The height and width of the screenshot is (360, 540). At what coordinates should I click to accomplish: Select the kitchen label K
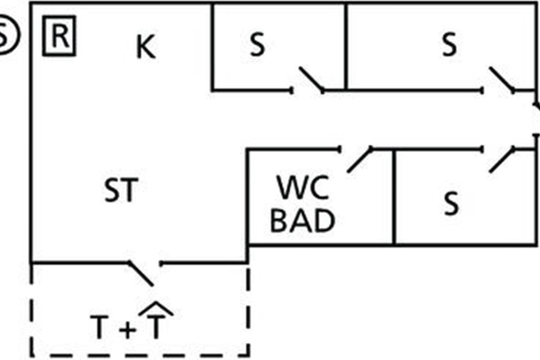[146, 48]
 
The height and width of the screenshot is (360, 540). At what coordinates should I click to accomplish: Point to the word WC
[302, 188]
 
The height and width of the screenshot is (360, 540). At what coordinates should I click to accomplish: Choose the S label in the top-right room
[449, 45]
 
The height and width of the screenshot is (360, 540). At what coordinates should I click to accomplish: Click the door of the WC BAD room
[360, 159]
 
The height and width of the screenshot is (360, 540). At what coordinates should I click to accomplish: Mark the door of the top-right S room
[502, 79]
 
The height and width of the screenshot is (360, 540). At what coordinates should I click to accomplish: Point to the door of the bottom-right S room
[502, 160]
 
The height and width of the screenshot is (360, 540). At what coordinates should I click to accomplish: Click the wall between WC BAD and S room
[394, 198]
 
